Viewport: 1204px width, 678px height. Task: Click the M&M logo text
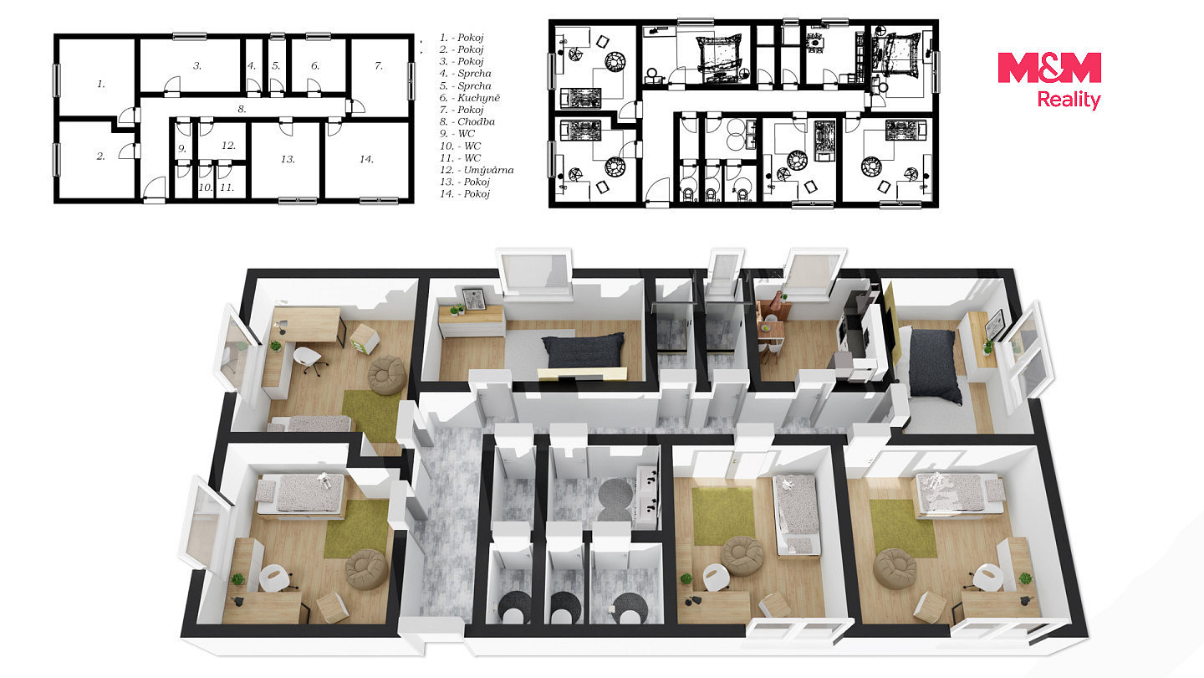coord(1049,67)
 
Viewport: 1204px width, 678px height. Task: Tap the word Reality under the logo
coord(1069,100)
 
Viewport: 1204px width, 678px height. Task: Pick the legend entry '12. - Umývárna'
coord(477,170)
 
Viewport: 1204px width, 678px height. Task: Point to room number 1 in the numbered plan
coord(101,84)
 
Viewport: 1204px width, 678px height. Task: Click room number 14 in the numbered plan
coord(366,159)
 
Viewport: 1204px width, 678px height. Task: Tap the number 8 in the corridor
coord(242,109)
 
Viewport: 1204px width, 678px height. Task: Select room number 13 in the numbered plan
coord(288,159)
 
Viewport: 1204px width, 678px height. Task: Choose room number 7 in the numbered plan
coord(379,65)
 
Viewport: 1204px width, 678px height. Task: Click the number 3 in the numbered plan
coord(197,65)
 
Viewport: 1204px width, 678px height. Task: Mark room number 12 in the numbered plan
coord(228,146)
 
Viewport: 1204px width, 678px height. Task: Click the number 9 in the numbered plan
coord(182,149)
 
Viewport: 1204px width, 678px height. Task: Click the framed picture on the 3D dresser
coord(473,299)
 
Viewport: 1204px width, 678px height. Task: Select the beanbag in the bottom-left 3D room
coord(367,569)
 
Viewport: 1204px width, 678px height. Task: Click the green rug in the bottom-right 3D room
coord(903,528)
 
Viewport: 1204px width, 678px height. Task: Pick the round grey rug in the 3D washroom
coord(616,500)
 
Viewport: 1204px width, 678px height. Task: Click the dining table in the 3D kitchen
coord(770,326)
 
